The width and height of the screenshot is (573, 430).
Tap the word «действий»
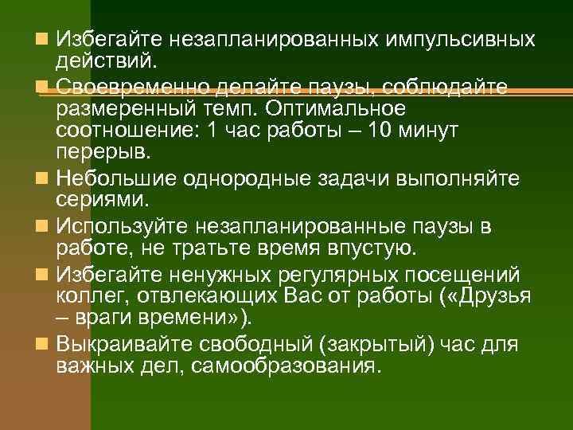point(107,60)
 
